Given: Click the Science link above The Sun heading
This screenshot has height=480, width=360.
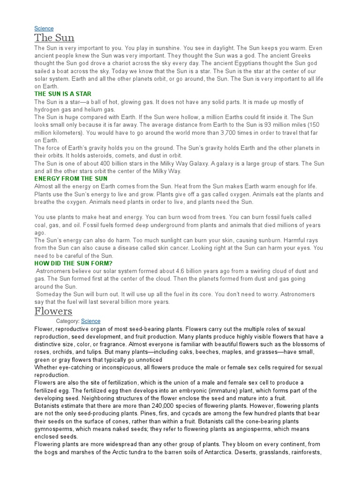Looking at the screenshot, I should pyautogui.click(x=44, y=29).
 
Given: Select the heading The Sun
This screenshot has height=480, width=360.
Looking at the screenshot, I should pyautogui.click(x=54, y=38).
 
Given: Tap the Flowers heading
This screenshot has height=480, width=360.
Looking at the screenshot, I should pyautogui.click(x=53, y=311).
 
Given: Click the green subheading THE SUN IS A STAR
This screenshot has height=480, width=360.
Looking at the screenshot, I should pyautogui.click(x=63, y=94).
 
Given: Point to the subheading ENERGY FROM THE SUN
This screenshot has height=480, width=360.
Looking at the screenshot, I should pyautogui.click(x=71, y=179).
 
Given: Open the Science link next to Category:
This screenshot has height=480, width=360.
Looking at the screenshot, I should pyautogui.click(x=90, y=321).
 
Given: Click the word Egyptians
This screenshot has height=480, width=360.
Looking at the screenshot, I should pyautogui.click(x=257, y=64).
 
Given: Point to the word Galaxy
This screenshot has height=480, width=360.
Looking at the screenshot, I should pyautogui.click(x=225, y=164).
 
